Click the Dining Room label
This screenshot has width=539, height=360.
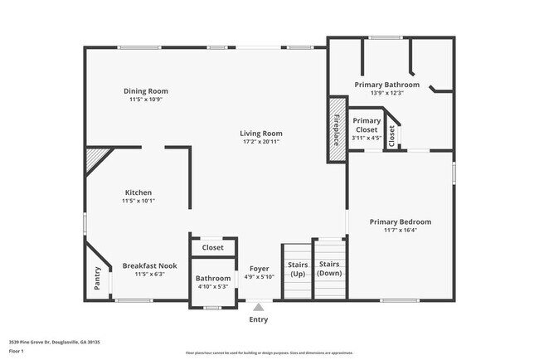[146, 91]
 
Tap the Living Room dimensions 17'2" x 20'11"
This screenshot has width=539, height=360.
[261, 142]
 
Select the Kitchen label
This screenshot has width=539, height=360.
[138, 192]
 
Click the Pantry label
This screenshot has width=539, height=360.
[98, 277]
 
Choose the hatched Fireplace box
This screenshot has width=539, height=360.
[337, 129]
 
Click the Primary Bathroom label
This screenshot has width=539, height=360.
[386, 85]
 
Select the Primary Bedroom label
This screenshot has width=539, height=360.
[401, 221]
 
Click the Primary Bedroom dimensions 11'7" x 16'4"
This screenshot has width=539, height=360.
[401, 231]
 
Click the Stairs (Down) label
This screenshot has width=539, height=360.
[329, 268]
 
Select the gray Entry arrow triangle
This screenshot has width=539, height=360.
[258, 307]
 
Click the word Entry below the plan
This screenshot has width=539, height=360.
[259, 319]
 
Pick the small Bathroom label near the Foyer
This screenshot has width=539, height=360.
[213, 279]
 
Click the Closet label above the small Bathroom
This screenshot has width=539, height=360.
[213, 247]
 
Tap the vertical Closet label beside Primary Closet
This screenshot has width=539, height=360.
[392, 136]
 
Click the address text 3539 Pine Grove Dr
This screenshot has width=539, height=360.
[33, 341]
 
